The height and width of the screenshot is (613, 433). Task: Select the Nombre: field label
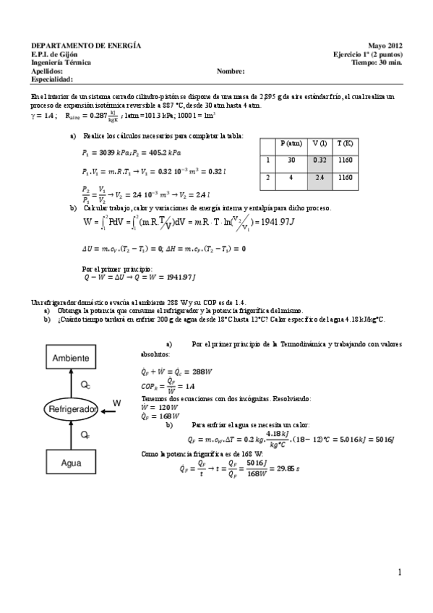[x=231, y=72]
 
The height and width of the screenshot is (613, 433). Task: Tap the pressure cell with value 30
[x=290, y=160]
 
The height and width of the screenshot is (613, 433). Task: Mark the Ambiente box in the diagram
[x=71, y=358]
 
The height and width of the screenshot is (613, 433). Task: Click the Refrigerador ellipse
[x=72, y=410]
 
